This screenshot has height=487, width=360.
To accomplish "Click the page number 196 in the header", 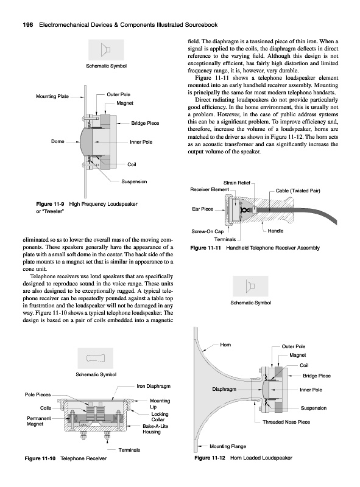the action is [x=28, y=25].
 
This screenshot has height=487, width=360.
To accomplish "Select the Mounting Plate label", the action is [x=52, y=96].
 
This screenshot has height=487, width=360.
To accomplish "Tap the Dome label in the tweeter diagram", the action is [x=57, y=141].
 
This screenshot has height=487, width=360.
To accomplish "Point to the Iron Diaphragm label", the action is [x=154, y=386].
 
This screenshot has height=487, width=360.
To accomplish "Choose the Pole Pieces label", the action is [x=38, y=394].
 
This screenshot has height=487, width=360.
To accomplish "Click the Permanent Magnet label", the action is [x=39, y=421].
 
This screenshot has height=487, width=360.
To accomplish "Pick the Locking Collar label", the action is [x=160, y=416].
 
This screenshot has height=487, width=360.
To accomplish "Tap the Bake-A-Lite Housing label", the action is [x=155, y=429].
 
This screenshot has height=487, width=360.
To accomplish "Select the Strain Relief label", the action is [x=237, y=183].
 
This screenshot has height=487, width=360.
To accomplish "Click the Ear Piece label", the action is [x=203, y=209].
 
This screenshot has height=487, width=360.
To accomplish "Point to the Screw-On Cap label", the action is [x=207, y=231].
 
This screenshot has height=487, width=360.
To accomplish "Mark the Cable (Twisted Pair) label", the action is [x=298, y=191].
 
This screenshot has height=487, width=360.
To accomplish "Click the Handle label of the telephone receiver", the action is [x=275, y=231].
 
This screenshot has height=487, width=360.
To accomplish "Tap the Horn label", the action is [x=225, y=345].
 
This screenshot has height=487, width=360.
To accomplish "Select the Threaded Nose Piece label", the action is [x=286, y=422].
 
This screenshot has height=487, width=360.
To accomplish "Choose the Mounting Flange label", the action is [x=228, y=446].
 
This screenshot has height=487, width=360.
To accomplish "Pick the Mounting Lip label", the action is [x=160, y=404].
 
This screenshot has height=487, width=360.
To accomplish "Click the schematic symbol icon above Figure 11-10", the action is [x=96, y=358].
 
